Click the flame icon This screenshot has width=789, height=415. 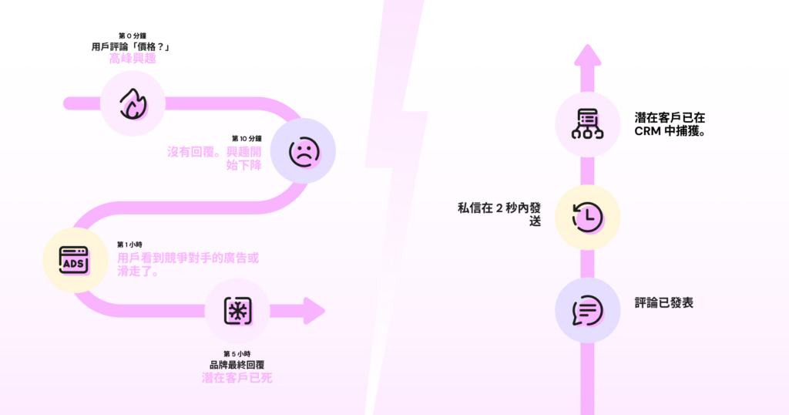click(133, 103)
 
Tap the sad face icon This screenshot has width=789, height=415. click(303, 151)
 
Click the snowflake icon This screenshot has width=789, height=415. click(237, 311)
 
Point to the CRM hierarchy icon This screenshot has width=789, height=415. click(587, 124)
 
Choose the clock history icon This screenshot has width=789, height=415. click(587, 217)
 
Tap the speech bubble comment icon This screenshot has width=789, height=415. click(587, 311)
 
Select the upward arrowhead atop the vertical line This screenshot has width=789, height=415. click(588, 58)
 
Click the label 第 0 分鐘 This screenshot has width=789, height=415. click(133, 36)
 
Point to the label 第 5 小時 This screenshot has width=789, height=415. click(237, 353)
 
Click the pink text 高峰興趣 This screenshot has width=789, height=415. click(133, 58)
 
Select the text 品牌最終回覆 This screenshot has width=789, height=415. click(237, 364)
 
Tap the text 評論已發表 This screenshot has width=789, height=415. click(664, 303)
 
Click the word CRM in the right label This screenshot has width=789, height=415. click(648, 131)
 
